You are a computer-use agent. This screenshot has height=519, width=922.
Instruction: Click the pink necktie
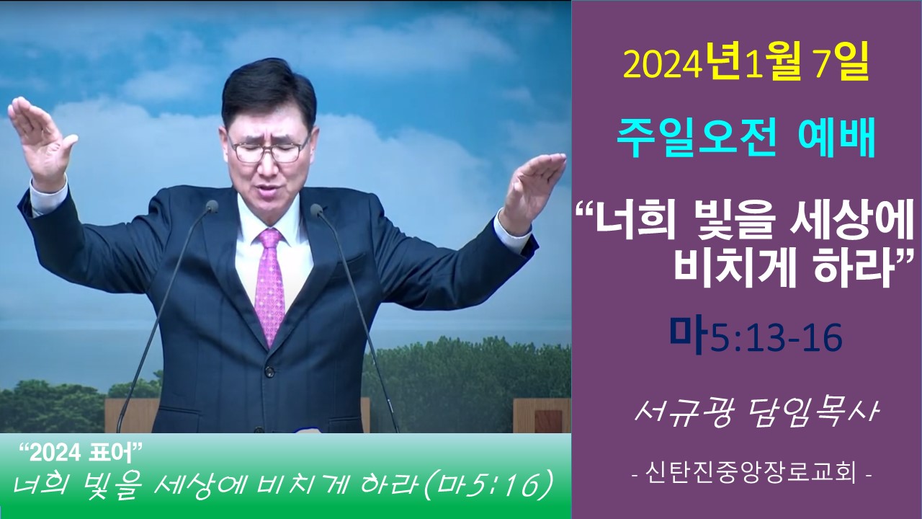269,284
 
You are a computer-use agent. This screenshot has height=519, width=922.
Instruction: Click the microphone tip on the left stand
212,206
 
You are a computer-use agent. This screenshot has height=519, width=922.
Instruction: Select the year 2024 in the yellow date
662,67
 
